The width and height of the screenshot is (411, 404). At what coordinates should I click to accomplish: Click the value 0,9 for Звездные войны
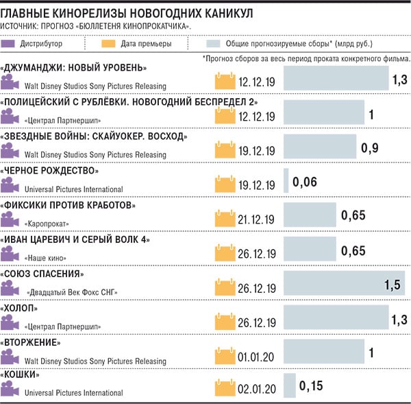[x=370, y=149]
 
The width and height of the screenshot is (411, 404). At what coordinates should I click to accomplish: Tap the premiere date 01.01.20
[x=256, y=357]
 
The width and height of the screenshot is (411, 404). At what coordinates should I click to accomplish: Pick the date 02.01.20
[x=256, y=390]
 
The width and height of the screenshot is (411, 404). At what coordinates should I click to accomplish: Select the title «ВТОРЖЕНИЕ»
[x=42, y=342]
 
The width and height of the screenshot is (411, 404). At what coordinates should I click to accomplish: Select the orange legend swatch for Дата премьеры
[x=109, y=44]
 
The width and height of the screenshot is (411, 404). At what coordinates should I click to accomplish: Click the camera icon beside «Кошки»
[x=10, y=390]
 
